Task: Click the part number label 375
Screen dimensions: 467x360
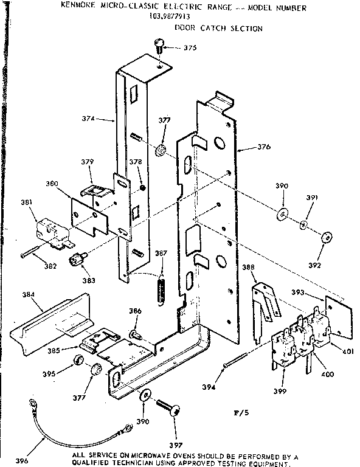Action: pos(190,48)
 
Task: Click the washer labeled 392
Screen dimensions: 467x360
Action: pos(326,238)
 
